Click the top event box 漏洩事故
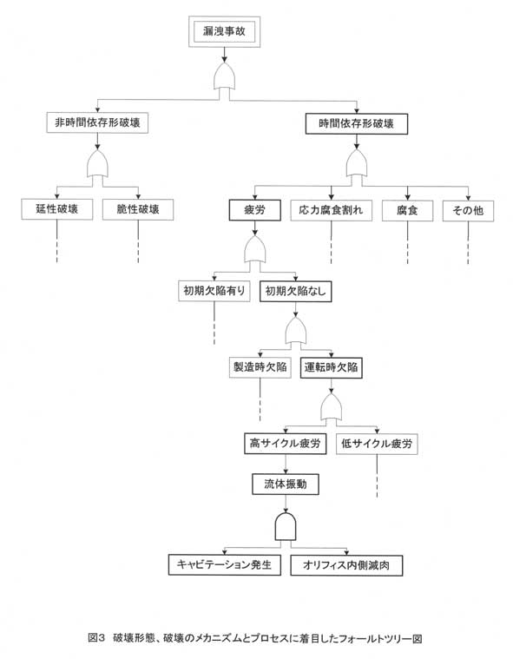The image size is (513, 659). click(224, 31)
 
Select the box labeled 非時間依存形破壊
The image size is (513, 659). click(97, 122)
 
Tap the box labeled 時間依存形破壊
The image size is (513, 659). click(356, 124)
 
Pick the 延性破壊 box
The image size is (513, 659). click(57, 209)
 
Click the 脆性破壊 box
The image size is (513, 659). click(138, 209)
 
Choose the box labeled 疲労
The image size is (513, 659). click(254, 210)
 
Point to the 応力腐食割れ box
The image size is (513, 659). click(331, 210)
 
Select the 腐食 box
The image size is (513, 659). click(407, 211)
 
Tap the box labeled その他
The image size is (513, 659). click(468, 211)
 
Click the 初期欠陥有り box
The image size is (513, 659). click(214, 291)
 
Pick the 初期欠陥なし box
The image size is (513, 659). click(296, 291)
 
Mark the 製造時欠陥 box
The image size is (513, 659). click(260, 367)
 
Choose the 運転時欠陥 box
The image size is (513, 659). click(331, 368)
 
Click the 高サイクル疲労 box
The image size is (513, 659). click(286, 444)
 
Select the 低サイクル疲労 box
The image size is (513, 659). click(377, 444)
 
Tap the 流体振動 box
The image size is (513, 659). click(286, 484)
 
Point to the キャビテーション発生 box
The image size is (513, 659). click(224, 565)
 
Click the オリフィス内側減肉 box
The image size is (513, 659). click(346, 565)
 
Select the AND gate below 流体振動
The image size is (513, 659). click(286, 527)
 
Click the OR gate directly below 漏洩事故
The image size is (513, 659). click(224, 76)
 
